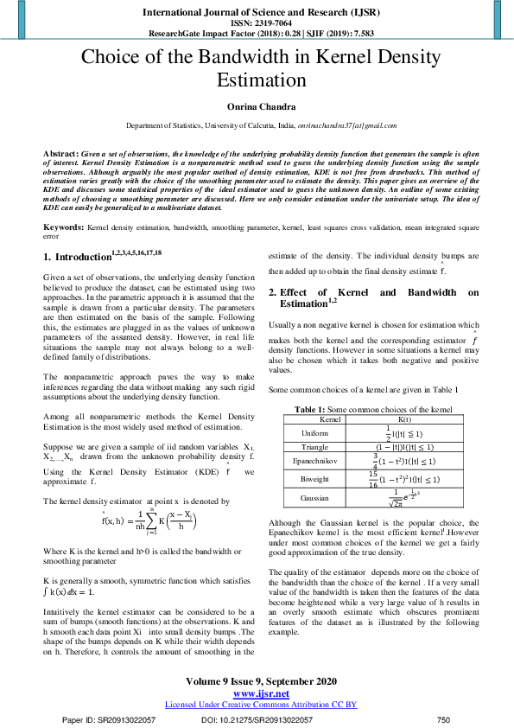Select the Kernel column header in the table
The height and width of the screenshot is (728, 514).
tap(331, 418)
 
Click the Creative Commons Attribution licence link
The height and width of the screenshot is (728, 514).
tap(260, 705)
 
